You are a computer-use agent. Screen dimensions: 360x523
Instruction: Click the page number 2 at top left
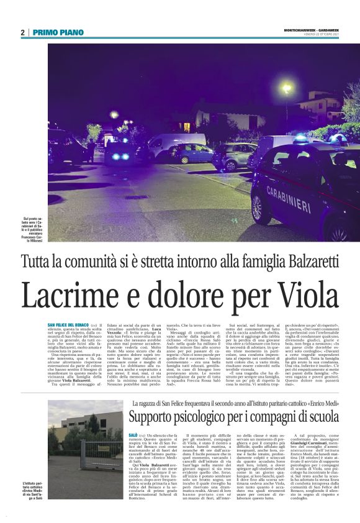22,32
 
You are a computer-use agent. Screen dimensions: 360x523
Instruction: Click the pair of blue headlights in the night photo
117,157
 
